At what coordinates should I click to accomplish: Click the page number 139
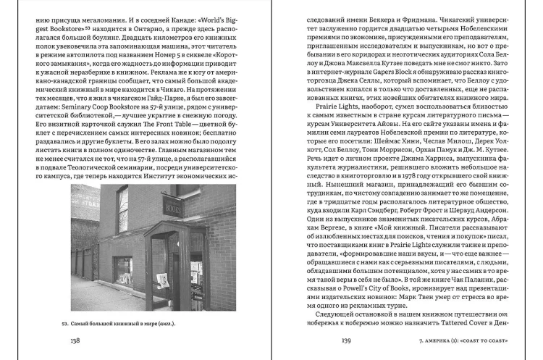coord(346,340)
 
